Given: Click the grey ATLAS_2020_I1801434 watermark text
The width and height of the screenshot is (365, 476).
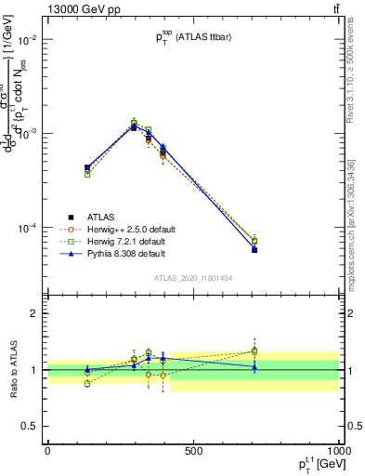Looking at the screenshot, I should [193, 278].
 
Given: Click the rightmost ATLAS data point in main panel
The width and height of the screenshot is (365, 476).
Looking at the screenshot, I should [254, 250].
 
